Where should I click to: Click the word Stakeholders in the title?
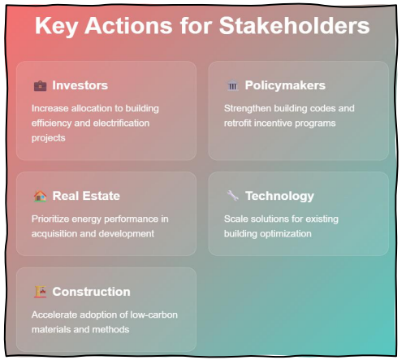click(294, 26)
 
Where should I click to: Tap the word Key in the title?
click(57, 27)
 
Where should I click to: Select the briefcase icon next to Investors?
click(40, 85)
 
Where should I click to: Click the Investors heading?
click(80, 85)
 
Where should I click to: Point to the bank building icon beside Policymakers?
click(232, 85)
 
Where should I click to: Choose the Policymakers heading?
click(285, 85)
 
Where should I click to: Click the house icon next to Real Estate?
click(40, 196)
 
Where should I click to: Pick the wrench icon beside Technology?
click(232, 196)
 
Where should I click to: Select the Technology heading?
click(279, 196)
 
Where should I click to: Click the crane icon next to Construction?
click(40, 292)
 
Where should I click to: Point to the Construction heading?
click(91, 292)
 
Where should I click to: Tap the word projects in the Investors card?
click(49, 138)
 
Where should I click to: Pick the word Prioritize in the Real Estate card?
click(50, 219)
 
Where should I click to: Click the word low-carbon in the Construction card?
click(154, 314)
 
